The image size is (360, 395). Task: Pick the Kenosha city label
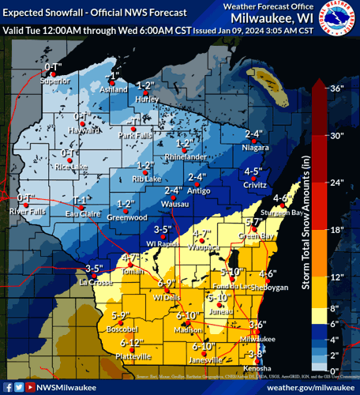[255, 369]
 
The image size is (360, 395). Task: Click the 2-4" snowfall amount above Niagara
[253, 134]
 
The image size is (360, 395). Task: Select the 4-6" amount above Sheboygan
[268, 274]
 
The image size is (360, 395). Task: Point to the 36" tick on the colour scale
[336, 88]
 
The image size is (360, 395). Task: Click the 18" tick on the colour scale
[336, 229]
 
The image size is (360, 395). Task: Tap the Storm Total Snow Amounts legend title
[303, 229]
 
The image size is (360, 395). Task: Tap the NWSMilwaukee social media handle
[67, 387]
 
